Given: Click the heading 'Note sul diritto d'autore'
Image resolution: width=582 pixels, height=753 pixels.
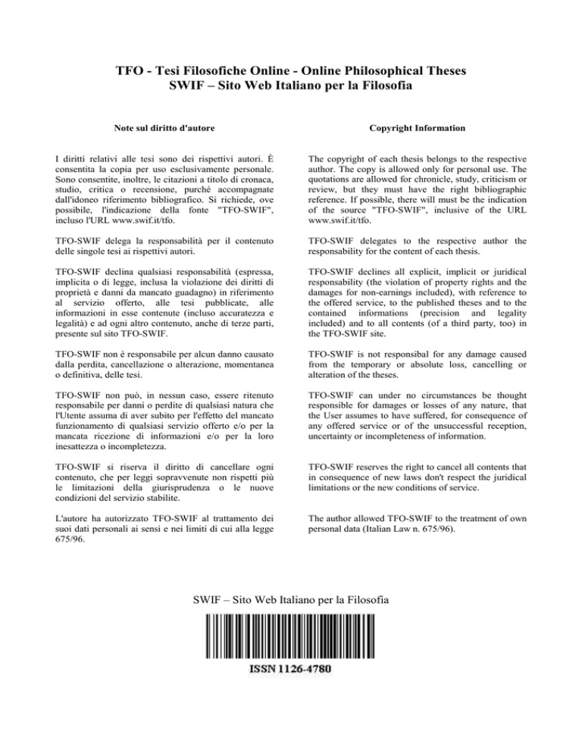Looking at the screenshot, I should tap(164, 130).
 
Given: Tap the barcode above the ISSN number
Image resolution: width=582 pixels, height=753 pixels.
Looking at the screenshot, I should tap(290, 636).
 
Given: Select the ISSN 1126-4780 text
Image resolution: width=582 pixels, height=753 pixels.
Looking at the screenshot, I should tap(290, 670).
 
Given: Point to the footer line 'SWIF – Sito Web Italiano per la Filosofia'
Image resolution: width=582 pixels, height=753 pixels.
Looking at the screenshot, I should tap(291, 601).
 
